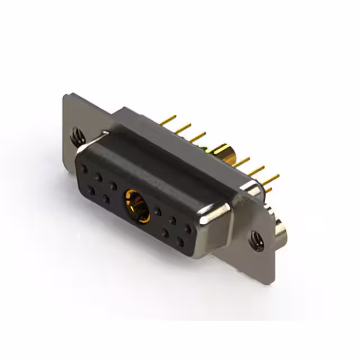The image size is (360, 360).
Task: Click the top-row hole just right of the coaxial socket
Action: click(x=159, y=211)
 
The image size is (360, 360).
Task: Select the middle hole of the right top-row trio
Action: click(x=173, y=220)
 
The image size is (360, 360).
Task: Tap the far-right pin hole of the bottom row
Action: click(x=179, y=242)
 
